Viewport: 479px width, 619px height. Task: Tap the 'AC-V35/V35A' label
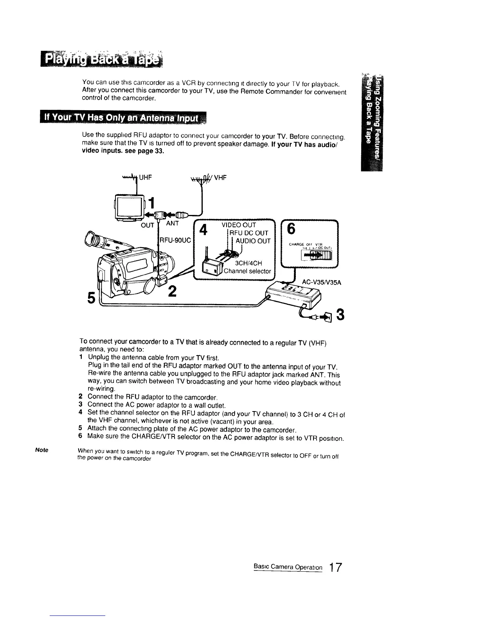point(322,283)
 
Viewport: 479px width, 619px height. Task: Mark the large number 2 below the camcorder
point(173,292)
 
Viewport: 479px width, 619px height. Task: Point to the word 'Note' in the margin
point(41,450)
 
